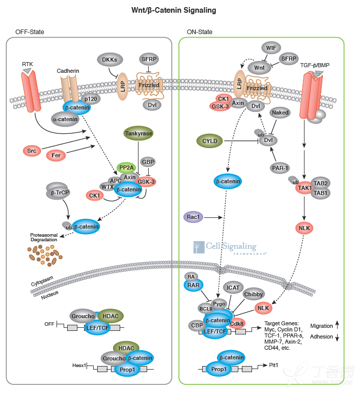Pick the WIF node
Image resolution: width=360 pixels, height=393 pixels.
click(271, 48)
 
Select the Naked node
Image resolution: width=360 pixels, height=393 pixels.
click(281, 113)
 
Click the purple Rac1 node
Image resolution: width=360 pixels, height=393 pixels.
click(193, 217)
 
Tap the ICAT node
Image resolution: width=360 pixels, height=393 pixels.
click(233, 288)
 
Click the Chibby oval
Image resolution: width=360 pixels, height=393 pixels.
click(254, 294)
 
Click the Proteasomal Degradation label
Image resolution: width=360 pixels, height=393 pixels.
click(46, 238)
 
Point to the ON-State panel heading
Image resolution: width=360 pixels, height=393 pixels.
click(200, 32)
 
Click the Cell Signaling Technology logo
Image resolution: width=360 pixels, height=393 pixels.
click(229, 248)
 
